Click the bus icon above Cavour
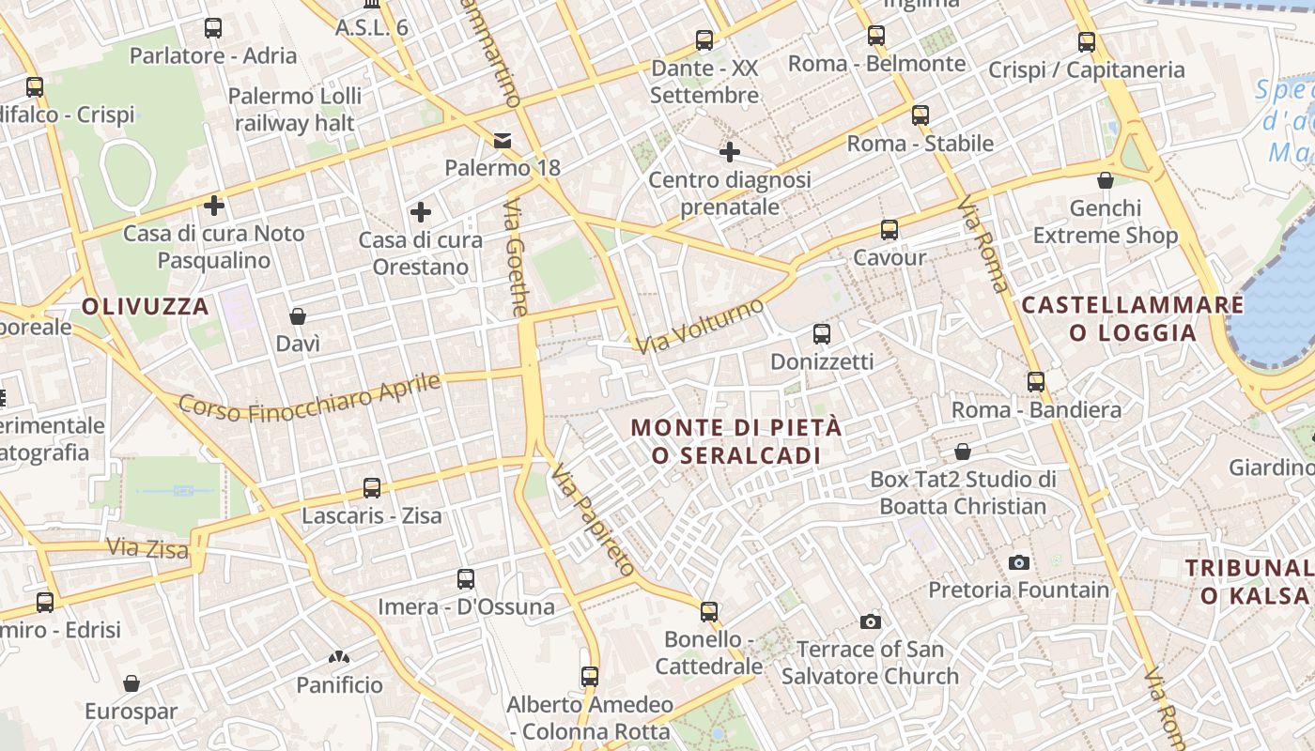889,230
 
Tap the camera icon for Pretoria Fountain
1019,562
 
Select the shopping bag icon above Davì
298,316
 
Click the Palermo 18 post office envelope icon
503,141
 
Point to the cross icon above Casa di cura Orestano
421,212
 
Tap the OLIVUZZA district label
145,306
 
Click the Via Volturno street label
700,326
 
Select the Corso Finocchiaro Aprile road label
309,398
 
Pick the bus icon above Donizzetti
822,334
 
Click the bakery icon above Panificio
339,658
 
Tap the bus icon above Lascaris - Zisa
372,488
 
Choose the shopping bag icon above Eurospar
131,683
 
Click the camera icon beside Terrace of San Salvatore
871,621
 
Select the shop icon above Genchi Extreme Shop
1106,180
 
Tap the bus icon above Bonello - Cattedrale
709,612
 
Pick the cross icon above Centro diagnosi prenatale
730,151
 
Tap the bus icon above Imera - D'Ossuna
466,579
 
